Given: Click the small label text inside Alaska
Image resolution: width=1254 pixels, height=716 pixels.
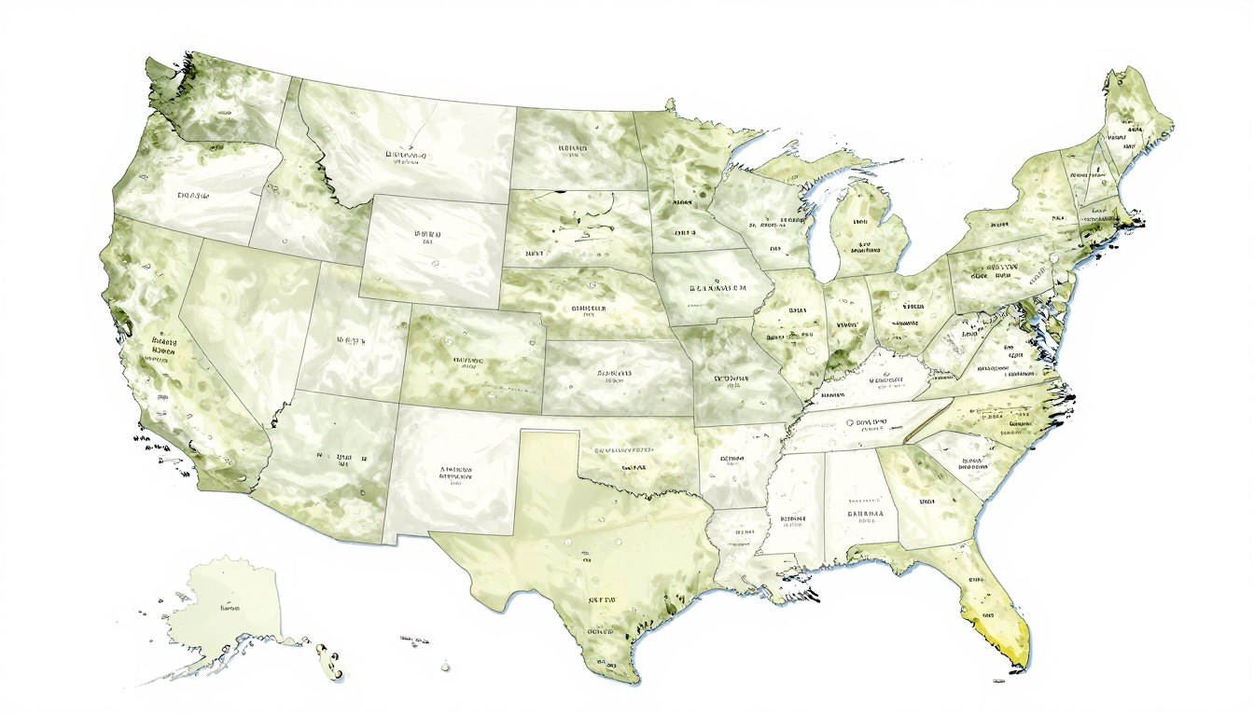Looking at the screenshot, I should tap(229, 607).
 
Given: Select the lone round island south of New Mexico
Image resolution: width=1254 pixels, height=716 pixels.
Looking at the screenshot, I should tap(446, 667).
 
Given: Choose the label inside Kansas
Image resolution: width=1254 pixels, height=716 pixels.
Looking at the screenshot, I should tap(611, 375).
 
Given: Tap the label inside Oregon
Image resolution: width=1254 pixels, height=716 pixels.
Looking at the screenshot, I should tap(193, 197).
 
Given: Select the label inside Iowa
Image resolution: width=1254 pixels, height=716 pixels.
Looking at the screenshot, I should tap(718, 290).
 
